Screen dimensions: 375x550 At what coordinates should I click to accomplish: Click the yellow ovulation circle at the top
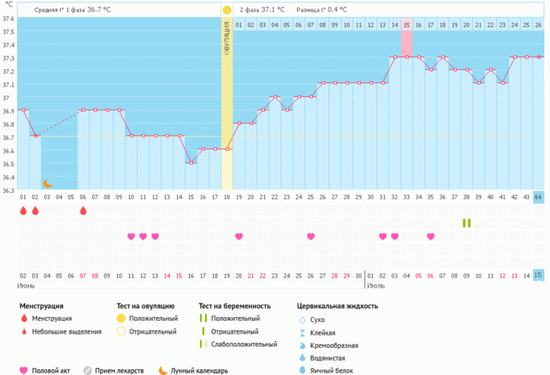pyautogui.click(x=226, y=10)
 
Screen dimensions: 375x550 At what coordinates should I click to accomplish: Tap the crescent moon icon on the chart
pyautogui.click(x=47, y=184)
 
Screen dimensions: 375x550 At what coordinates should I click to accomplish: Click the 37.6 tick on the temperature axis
pyautogui.click(x=8, y=17)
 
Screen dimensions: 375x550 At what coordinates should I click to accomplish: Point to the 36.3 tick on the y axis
pyautogui.click(x=8, y=190)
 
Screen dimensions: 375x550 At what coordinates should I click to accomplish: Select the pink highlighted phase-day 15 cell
pyautogui.click(x=406, y=25)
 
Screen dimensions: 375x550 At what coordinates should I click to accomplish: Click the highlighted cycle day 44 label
pyautogui.click(x=538, y=197)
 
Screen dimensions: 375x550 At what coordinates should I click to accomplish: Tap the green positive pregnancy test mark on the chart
pyautogui.click(x=466, y=223)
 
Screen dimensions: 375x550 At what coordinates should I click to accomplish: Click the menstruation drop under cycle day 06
pyautogui.click(x=83, y=211)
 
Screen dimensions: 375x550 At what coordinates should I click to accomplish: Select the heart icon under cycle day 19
pyautogui.click(x=239, y=236)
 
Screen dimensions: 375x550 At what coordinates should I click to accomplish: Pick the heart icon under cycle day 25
pyautogui.click(x=311, y=236)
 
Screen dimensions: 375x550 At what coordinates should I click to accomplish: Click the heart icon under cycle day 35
pyautogui.click(x=431, y=236)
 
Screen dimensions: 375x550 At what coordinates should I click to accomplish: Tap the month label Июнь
pyautogui.click(x=26, y=285)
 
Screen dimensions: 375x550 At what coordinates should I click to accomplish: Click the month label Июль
pyautogui.click(x=376, y=285)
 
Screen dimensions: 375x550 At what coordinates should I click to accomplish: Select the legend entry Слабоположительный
pyautogui.click(x=246, y=344)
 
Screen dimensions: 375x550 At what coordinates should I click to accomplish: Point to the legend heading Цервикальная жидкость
pyautogui.click(x=337, y=306)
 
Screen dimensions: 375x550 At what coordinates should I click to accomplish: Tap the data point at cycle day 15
pyautogui.click(x=191, y=163)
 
